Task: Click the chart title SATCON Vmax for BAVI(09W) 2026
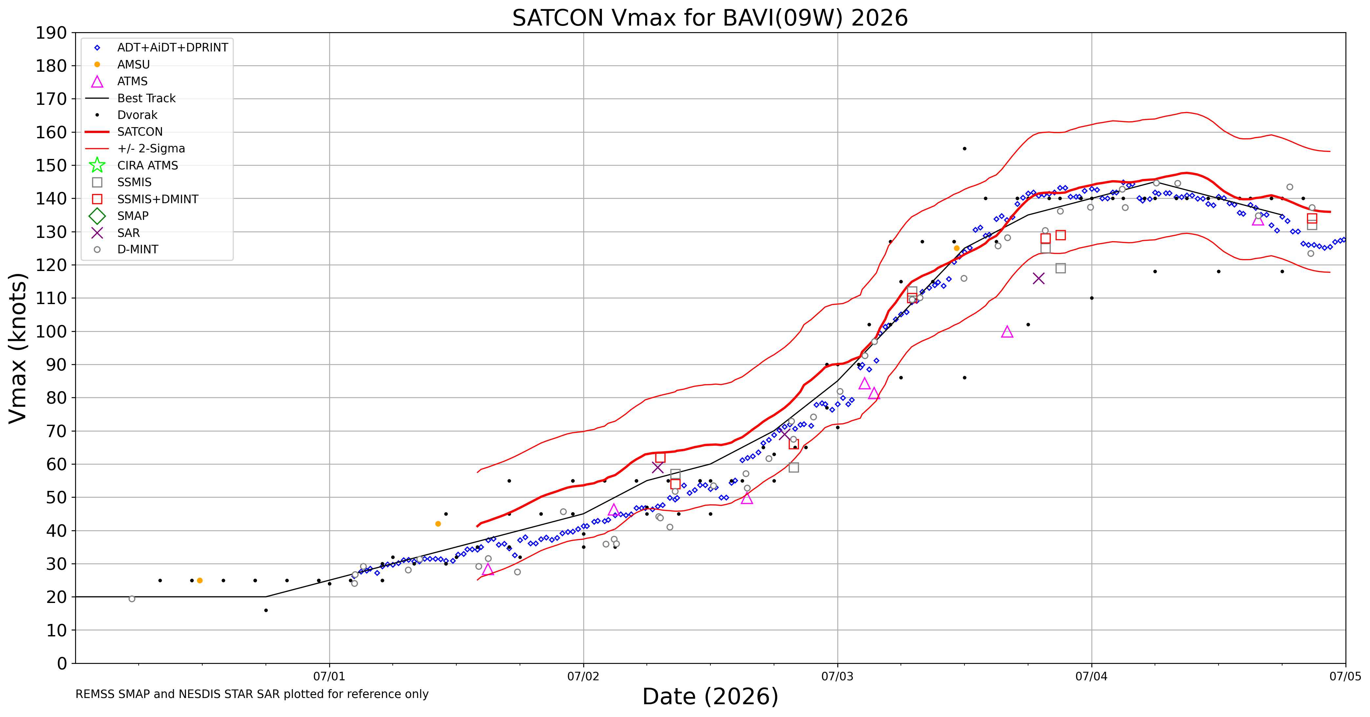point(710,18)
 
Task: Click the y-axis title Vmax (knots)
point(18,348)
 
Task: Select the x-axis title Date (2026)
point(710,696)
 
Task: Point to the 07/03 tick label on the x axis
point(838,677)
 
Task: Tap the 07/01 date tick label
point(329,677)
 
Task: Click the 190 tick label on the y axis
point(51,33)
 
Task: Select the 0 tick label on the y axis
point(62,663)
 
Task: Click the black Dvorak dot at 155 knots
point(965,149)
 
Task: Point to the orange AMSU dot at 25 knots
point(200,580)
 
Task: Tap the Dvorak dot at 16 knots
point(266,610)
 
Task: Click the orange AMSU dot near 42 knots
point(438,524)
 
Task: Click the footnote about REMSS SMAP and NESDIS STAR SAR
point(252,694)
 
